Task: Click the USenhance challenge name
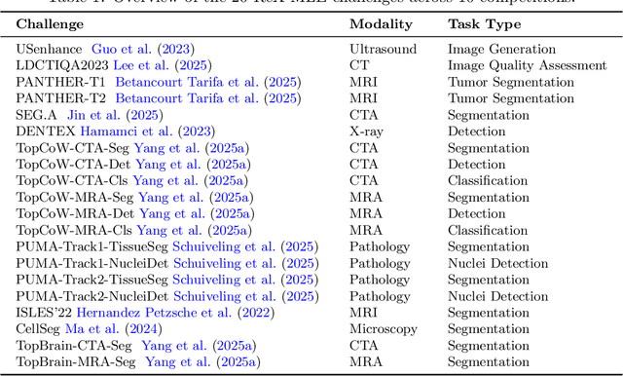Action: point(49,48)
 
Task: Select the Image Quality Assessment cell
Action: point(526,64)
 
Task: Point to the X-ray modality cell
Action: point(368,132)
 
